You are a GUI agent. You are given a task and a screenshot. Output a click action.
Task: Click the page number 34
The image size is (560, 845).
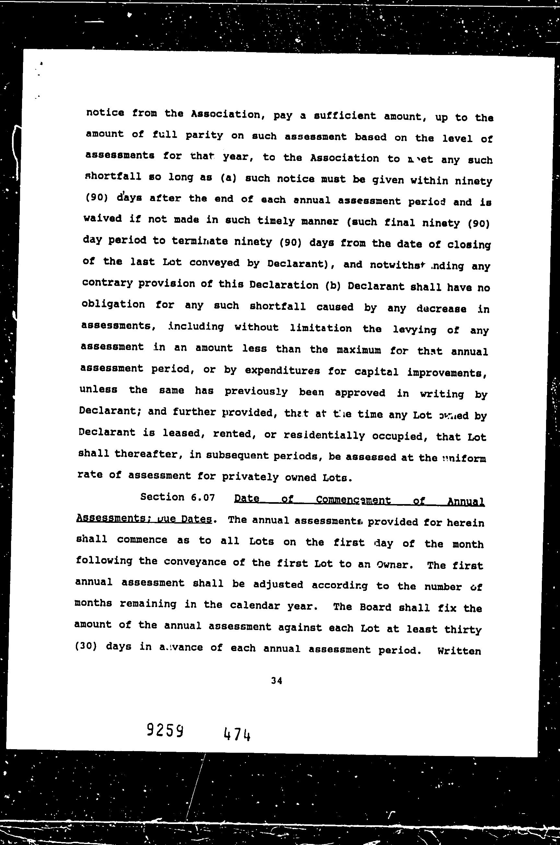tap(276, 681)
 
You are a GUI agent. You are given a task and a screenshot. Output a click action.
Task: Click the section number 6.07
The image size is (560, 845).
tap(203, 497)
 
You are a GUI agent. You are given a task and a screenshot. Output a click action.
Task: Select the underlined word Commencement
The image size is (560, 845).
tap(353, 500)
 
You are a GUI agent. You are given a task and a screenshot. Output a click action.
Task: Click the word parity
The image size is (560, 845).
tap(204, 136)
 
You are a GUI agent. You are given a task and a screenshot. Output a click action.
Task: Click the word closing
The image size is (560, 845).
tap(470, 245)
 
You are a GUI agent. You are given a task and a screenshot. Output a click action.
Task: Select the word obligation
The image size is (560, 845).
tap(113, 304)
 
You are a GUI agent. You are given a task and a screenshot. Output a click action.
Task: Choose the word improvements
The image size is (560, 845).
tap(447, 373)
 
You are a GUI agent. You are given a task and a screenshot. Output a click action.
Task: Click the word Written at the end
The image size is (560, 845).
tap(459, 651)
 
